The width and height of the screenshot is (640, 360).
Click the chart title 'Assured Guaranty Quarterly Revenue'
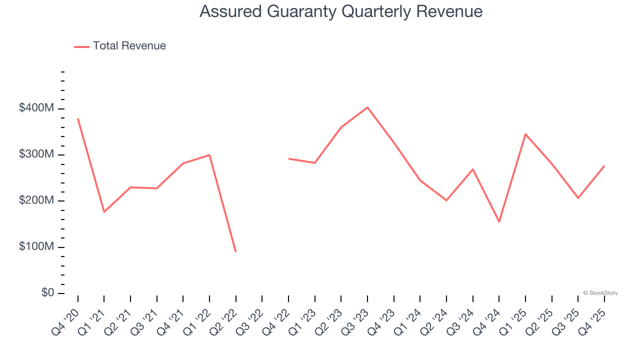coord(341,11)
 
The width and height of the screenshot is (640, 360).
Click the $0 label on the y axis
coord(48,292)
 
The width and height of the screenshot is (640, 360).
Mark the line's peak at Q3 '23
coord(367,107)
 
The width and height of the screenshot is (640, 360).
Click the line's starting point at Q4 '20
coord(78,119)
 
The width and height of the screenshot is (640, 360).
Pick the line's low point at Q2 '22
coord(235,251)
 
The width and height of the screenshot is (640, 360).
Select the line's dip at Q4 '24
coord(499,221)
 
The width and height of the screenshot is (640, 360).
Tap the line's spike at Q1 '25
coord(525,134)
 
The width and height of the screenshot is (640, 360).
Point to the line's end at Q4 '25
coord(604,166)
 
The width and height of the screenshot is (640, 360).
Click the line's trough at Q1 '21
coord(104,212)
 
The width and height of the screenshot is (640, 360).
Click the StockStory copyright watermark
coord(600,293)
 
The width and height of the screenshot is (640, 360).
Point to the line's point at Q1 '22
coord(209,155)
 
